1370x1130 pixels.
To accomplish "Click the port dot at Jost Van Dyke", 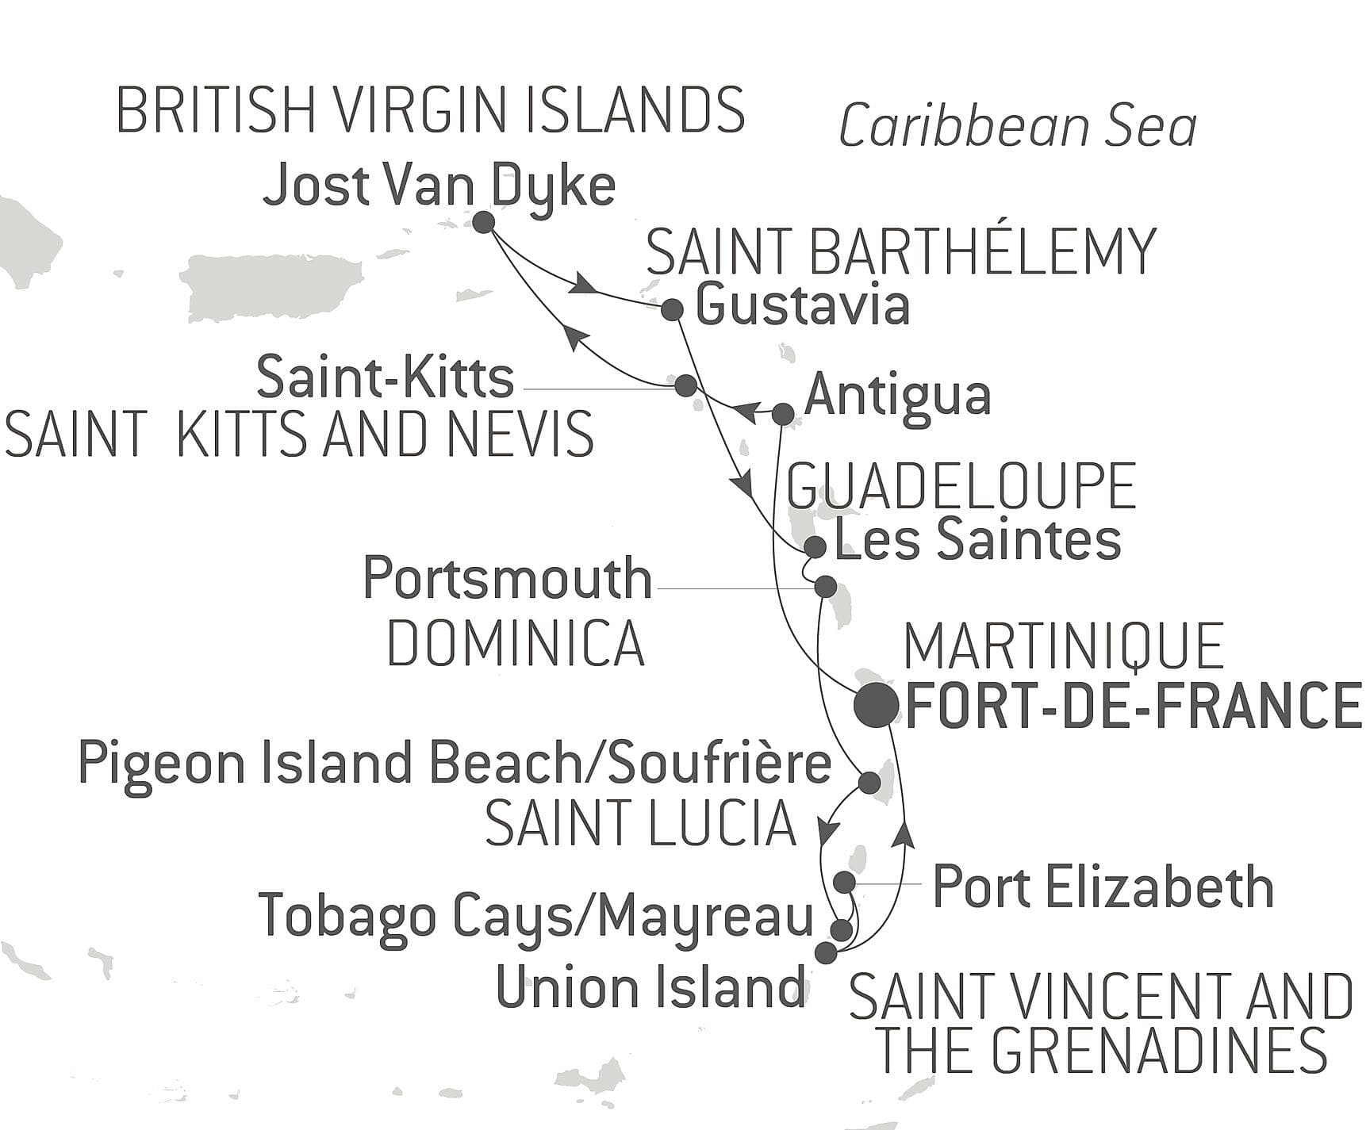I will (484, 222).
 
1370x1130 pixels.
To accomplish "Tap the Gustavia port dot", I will (673, 309).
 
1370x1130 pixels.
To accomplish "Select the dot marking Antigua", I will (783, 413).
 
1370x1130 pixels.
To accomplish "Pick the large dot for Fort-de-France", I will (876, 705).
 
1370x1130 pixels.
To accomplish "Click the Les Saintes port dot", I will (815, 546).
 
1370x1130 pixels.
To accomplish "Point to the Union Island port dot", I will (826, 952).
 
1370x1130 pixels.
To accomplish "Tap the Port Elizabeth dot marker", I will (845, 882).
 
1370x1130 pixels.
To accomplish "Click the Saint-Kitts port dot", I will (685, 385).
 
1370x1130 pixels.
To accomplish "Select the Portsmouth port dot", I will (826, 587).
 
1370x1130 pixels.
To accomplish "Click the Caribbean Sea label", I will (1018, 127).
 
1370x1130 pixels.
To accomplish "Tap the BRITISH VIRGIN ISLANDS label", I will (431, 110).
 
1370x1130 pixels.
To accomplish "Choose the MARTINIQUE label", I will (1063, 647).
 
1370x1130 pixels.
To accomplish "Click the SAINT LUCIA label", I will (640, 824).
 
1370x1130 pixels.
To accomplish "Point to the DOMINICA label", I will (516, 643).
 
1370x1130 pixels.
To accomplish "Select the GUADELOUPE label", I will (961, 486).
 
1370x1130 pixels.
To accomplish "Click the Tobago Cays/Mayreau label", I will (536, 916).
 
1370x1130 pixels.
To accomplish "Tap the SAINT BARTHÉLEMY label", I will (902, 251).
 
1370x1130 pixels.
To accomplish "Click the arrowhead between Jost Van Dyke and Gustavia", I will (583, 285).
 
